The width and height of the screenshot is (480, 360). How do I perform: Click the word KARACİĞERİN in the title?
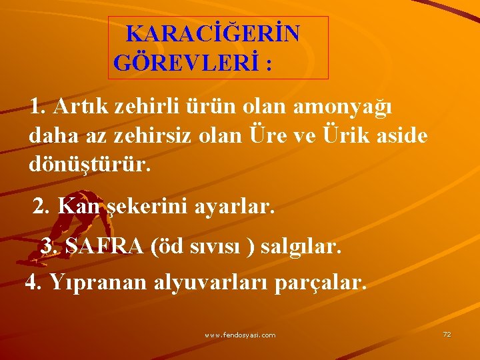coord(213,33)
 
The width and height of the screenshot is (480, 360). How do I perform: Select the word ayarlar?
coord(235,207)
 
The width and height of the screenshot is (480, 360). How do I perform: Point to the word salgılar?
coord(301,247)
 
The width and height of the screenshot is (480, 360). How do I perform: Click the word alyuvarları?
coord(211,283)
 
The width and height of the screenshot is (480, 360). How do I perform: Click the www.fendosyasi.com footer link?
coord(240,335)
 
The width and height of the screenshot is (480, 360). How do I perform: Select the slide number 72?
coord(447,334)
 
